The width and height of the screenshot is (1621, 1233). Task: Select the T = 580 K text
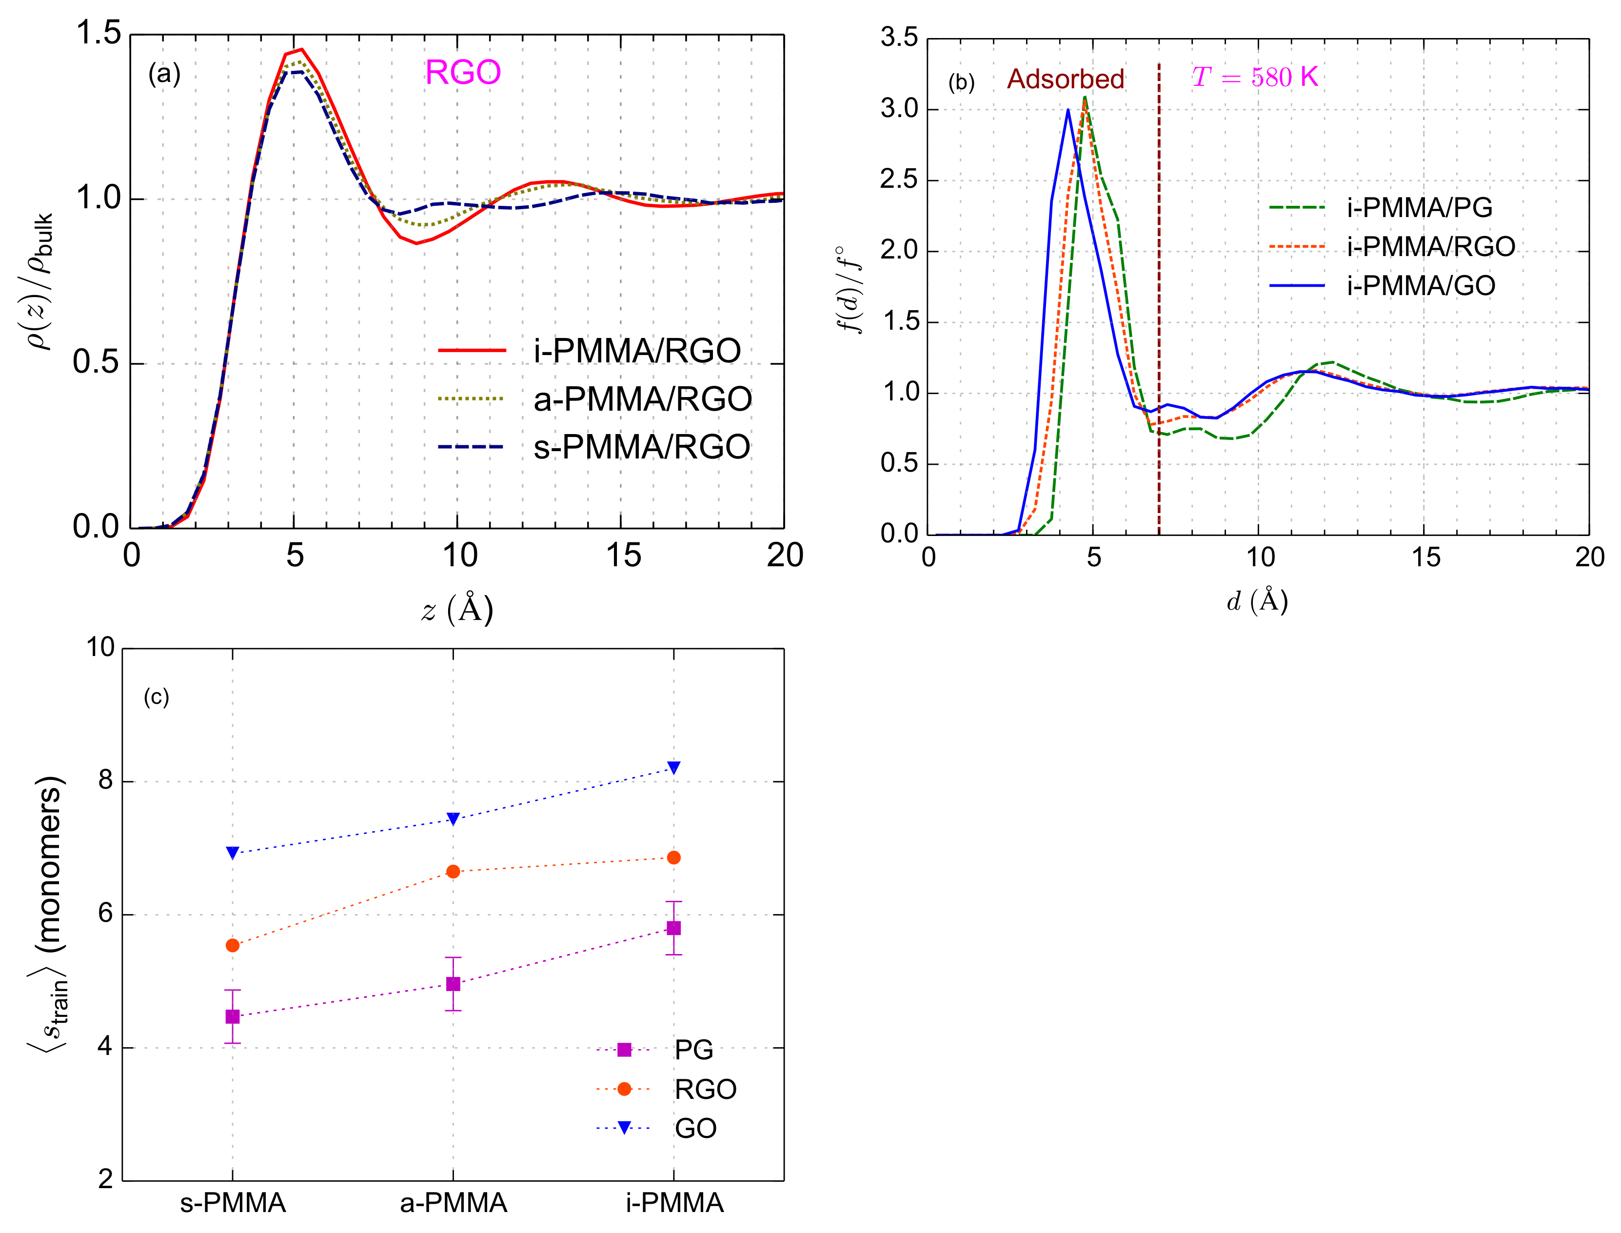tap(1254, 77)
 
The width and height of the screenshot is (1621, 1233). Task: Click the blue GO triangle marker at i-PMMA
tap(673, 768)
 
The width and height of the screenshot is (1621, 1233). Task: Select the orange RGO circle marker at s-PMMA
tap(233, 945)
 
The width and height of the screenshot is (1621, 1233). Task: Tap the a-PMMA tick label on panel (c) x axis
tap(454, 1203)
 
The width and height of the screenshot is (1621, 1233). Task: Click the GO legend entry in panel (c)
tap(694, 1128)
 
